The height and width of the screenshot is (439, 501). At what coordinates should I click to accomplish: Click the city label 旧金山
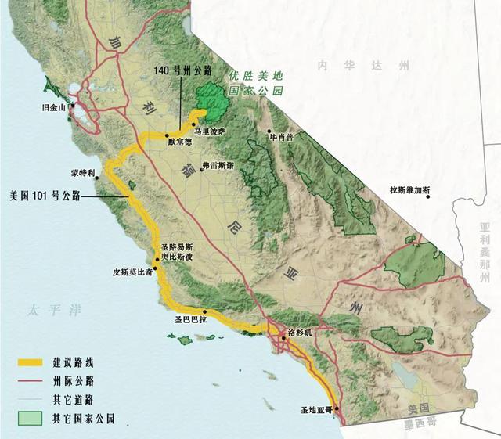(56, 107)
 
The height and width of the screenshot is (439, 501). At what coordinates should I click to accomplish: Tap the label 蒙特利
(81, 172)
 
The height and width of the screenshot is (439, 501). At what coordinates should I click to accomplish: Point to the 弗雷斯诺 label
(218, 165)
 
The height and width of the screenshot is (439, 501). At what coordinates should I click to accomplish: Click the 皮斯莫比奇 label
(133, 274)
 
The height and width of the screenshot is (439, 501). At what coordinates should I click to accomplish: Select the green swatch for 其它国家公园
(31, 418)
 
